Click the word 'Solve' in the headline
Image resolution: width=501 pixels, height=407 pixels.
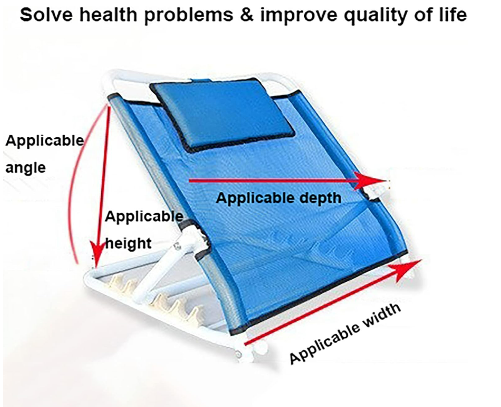(47, 15)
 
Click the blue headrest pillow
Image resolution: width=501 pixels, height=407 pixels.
(222, 115)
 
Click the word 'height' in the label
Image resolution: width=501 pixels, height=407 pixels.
(128, 243)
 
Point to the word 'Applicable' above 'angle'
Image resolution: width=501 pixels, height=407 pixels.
(44, 141)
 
